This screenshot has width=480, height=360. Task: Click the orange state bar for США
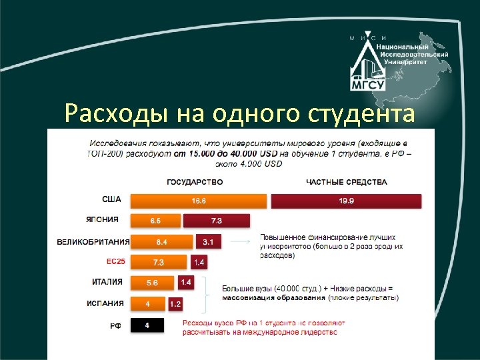tap(198, 200)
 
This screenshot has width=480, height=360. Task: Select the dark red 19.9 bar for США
tap(346, 200)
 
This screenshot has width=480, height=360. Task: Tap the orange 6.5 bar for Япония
tap(155, 221)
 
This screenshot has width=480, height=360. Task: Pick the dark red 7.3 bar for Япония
tap(216, 221)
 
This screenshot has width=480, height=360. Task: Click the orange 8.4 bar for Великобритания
tap(161, 241)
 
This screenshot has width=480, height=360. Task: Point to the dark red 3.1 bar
tap(208, 241)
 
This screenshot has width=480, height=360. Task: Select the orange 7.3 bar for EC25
tap(159, 262)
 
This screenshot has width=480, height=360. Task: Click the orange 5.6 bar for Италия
tap(152, 283)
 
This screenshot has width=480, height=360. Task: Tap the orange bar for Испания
tap(147, 304)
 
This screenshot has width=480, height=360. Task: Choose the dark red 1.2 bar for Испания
tap(175, 304)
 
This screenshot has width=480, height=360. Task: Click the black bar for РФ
tap(147, 325)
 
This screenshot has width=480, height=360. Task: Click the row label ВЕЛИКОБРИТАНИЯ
tap(93, 241)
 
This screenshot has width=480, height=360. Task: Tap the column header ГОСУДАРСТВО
tap(195, 181)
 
